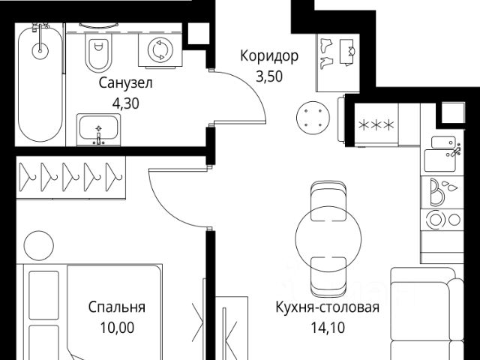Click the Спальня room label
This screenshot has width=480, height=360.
(x=116, y=307)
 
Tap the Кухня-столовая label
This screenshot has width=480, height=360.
(x=327, y=307)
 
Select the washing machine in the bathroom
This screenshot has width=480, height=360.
(x=159, y=49)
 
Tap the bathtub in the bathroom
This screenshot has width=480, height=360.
(x=40, y=82)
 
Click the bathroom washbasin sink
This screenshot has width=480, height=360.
(x=98, y=130)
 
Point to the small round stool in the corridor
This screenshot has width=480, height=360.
(x=313, y=116)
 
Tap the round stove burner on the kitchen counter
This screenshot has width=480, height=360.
(x=435, y=220)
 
